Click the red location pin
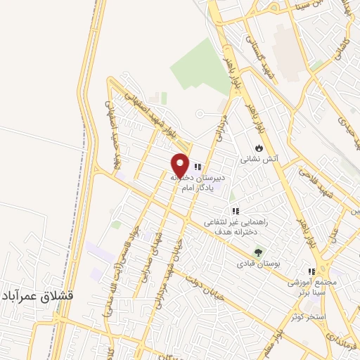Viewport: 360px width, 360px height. coord(180,165)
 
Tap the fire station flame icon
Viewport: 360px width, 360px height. coord(259,148)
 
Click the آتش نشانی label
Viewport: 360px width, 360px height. coord(259,160)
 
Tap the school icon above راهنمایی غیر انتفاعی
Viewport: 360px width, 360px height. coord(235,210)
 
